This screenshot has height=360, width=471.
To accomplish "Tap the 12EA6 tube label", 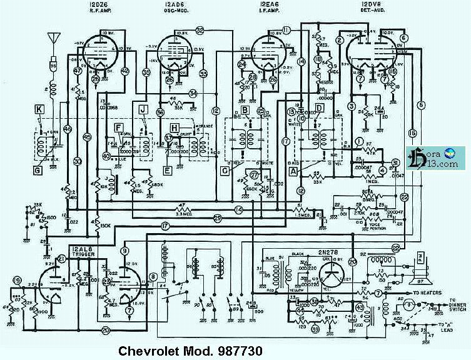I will (x=266, y=6).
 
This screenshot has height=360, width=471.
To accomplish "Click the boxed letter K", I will (x=39, y=109).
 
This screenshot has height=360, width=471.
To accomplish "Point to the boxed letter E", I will (x=167, y=169).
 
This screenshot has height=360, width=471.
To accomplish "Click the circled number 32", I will (x=200, y=29).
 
